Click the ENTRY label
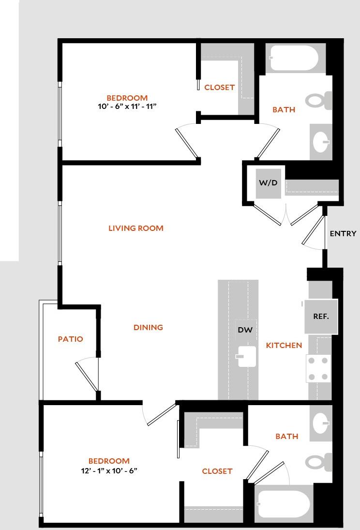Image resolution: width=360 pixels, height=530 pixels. [343, 234]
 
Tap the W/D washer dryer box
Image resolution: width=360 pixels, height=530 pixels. [268, 183]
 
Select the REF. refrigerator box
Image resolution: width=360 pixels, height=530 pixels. [321, 317]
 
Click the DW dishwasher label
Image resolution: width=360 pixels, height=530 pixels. [245, 330]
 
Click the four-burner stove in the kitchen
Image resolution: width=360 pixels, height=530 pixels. [319, 369]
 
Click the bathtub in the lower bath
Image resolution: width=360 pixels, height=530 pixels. [284, 504]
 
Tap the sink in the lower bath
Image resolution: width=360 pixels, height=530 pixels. [321, 424]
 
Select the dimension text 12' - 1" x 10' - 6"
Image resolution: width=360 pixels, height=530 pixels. [109, 470]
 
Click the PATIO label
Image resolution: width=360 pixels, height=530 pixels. [71, 339]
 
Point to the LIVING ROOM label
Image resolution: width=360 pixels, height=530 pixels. [136, 228]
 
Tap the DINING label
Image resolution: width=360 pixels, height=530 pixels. [148, 328]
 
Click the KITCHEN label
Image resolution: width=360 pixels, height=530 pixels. [284, 346]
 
